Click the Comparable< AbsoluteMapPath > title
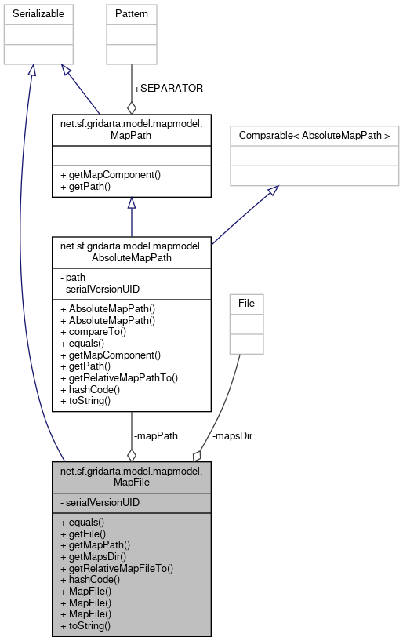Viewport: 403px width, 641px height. coord(314,135)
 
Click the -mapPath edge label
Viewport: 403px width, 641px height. coord(157,435)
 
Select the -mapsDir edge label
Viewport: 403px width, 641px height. coord(232,435)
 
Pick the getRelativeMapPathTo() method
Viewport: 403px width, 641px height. coord(119,377)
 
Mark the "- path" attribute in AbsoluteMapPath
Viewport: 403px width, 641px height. coord(73,277)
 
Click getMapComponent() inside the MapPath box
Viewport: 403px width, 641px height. coord(110,174)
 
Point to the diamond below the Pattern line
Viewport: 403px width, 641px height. coord(131,106)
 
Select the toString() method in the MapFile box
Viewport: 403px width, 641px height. coord(85,625)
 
